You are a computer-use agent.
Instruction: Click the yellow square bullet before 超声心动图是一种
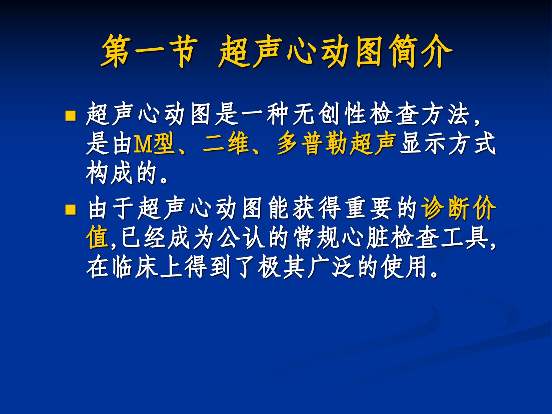coord(71,116)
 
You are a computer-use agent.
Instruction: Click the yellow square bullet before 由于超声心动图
coord(71,209)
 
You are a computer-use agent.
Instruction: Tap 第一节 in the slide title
coord(148,51)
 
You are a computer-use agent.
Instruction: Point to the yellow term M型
coord(154,144)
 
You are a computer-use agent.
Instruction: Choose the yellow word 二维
coord(225,144)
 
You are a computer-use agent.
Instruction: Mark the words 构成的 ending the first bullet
coord(121,173)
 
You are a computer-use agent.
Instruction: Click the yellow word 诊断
coord(447,208)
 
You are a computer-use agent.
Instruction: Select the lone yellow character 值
coord(97,238)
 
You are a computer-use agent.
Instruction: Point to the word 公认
coord(241,238)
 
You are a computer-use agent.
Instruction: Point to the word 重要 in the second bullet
coord(369,208)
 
